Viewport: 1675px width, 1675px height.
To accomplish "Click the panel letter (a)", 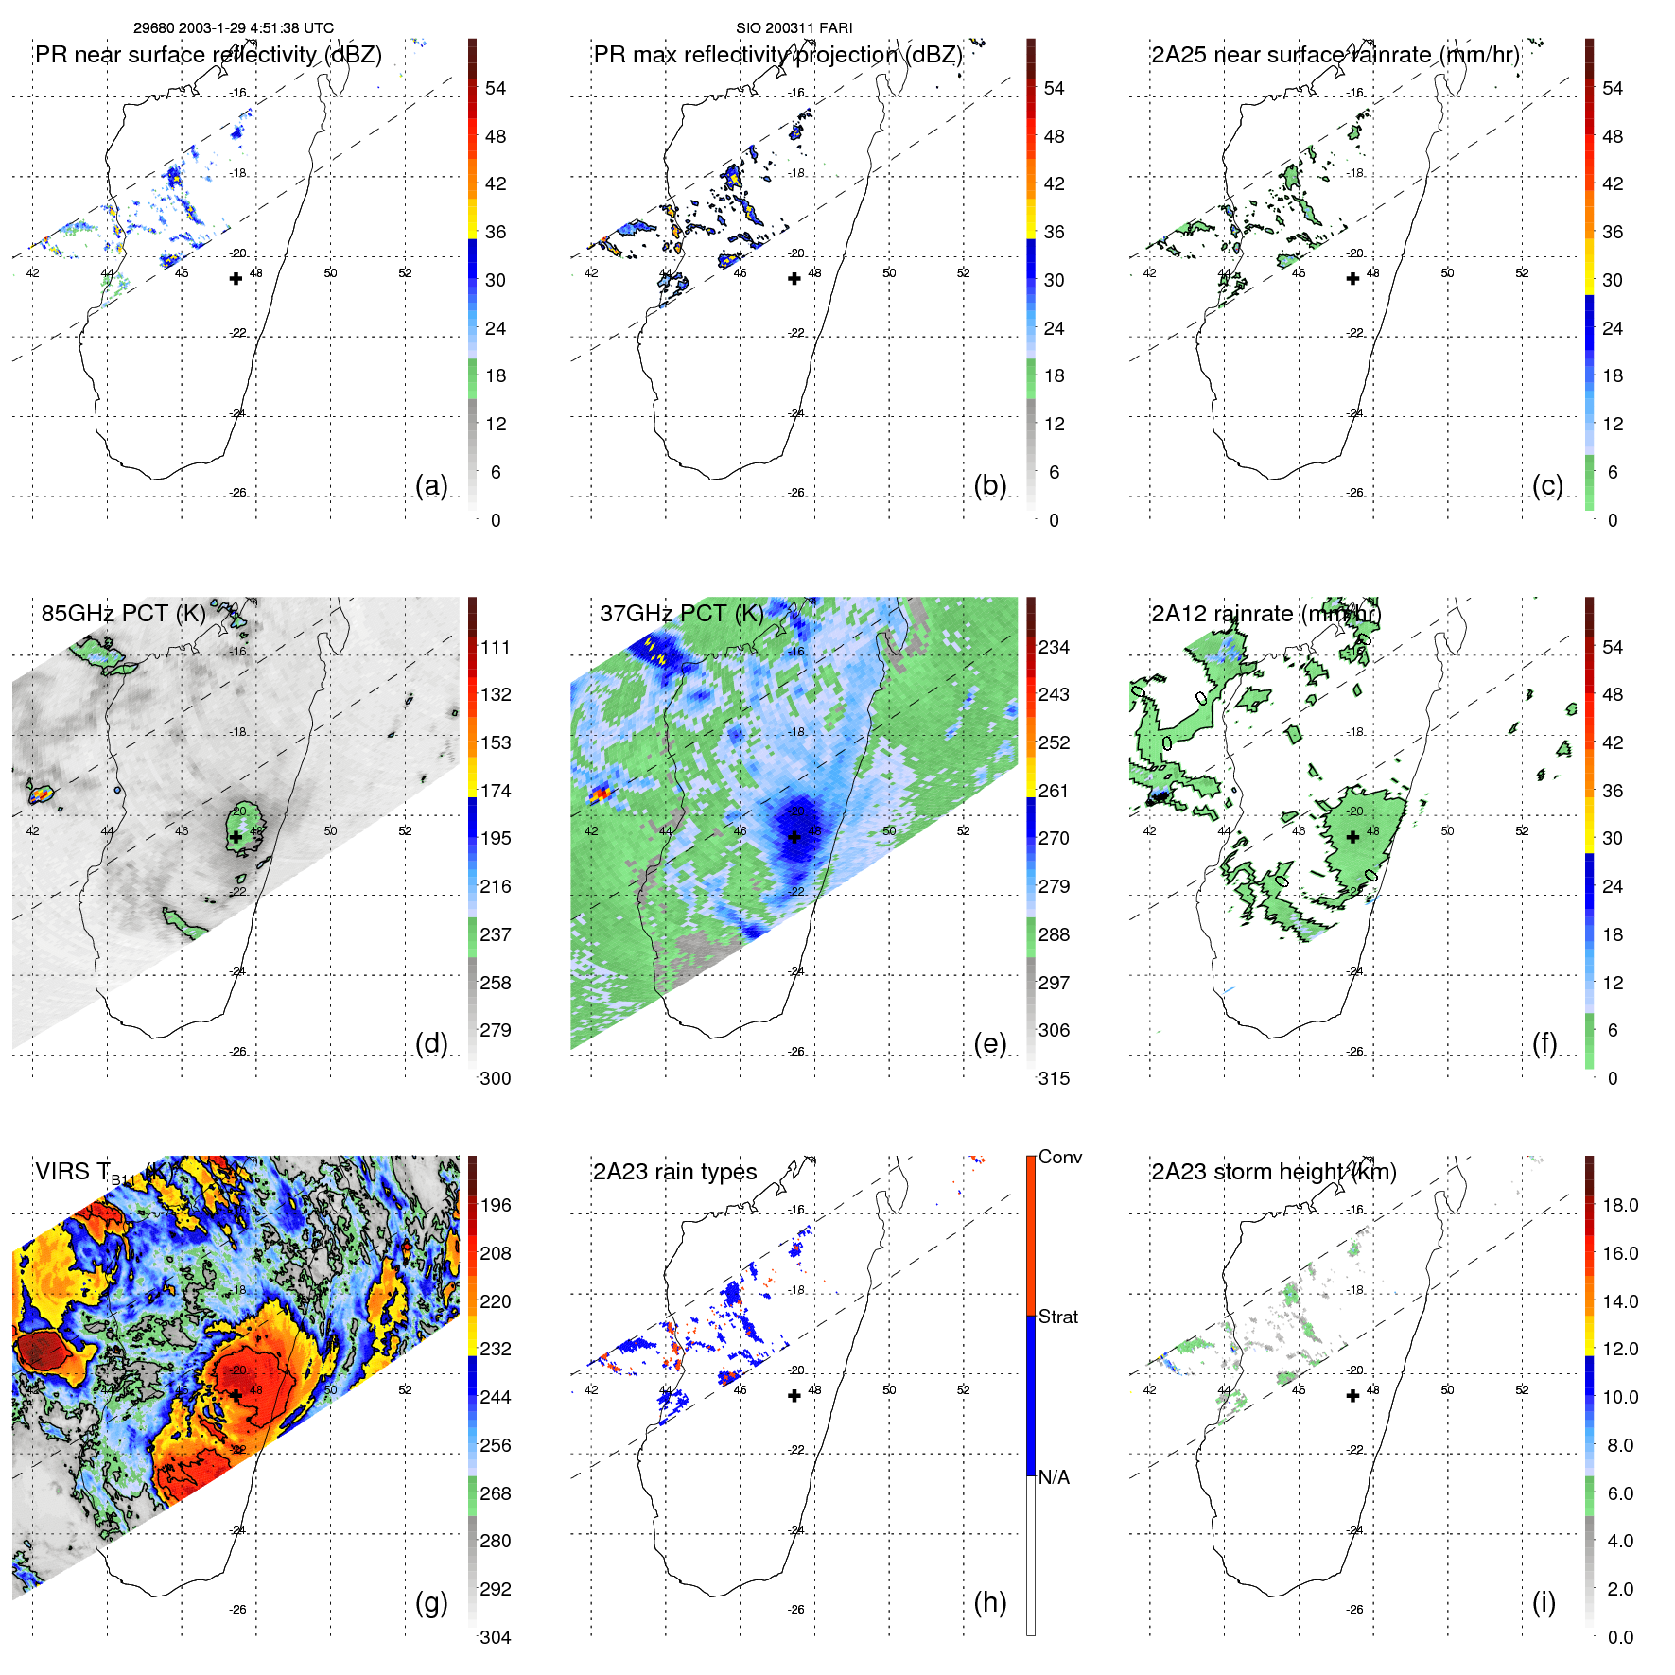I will point(431,486).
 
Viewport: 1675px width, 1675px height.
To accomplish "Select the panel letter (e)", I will point(989,1044).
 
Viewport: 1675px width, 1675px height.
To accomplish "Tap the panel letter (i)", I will point(1544,1603).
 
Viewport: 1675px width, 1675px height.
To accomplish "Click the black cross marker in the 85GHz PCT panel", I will point(236,837).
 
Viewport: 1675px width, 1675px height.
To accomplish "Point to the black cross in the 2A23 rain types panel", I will point(794,1395).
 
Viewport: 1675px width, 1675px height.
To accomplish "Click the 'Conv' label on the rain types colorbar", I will point(1060,1157).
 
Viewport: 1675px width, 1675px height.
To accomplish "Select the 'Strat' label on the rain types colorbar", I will point(1058,1317).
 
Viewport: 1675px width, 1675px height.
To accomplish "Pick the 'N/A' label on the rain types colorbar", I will point(1054,1477).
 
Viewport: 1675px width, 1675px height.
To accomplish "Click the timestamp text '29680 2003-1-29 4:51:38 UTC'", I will point(234,28).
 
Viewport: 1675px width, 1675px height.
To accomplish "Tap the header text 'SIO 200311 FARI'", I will point(794,28).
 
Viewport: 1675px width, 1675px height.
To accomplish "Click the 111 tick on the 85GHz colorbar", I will point(496,647).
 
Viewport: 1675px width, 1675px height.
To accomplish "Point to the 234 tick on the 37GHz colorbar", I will point(1054,647).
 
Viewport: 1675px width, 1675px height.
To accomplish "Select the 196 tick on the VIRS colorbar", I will point(496,1205).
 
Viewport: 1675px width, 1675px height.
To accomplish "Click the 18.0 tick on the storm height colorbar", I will point(1620,1205).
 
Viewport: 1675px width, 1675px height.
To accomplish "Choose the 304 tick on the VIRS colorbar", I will point(496,1637).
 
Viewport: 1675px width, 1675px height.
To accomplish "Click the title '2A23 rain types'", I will point(675,1172).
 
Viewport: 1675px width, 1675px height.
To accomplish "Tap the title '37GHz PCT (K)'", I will point(682,614).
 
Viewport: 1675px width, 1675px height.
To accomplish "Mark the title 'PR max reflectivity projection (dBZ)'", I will point(777,55).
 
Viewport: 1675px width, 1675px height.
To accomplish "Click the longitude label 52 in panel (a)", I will point(405,273).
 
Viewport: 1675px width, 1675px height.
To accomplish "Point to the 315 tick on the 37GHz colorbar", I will point(1054,1078).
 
